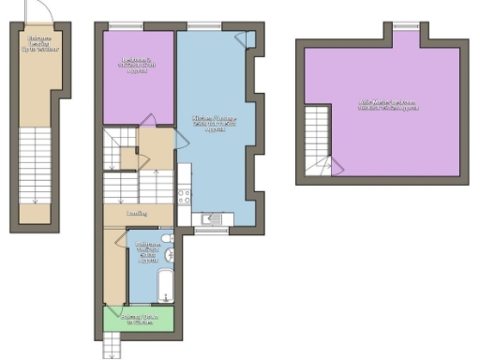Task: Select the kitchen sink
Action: [x=214, y=219]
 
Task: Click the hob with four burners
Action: [x=185, y=196]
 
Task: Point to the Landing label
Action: [x=137, y=214]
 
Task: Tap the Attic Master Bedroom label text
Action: [x=387, y=104]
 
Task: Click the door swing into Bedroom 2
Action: [x=148, y=119]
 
